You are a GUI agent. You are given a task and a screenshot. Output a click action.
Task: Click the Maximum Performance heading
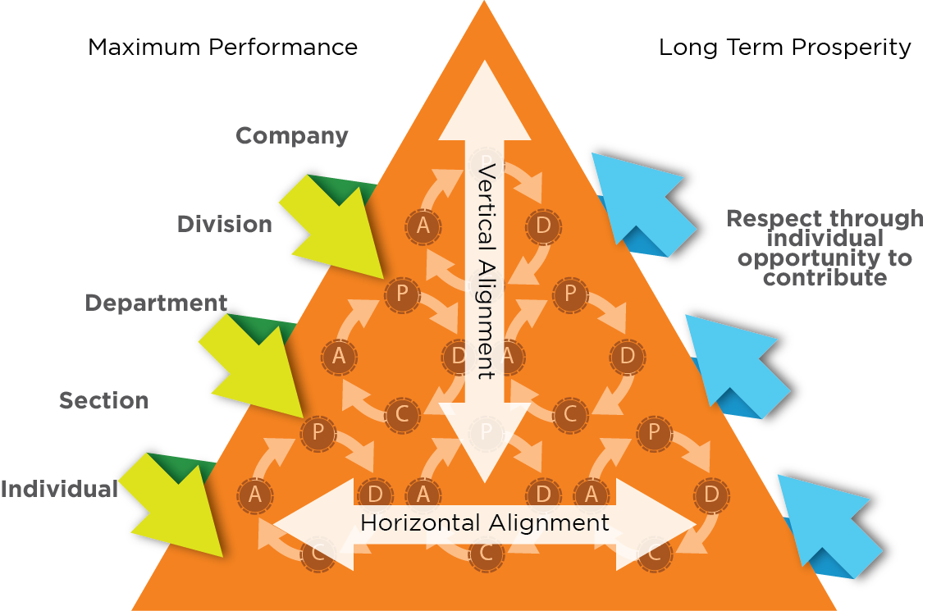[x=222, y=47]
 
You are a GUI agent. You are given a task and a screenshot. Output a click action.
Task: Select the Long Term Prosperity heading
[x=784, y=47]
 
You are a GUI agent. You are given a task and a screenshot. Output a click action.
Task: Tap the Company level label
[x=292, y=135]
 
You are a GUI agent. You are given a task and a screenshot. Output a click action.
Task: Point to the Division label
[x=224, y=224]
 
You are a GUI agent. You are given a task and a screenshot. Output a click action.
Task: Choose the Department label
[x=156, y=303]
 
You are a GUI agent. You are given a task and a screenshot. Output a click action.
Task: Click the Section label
[x=103, y=400]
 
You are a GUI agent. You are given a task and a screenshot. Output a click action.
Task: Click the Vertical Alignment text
[x=485, y=271]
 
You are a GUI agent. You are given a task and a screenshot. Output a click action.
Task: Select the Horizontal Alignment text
[x=485, y=522]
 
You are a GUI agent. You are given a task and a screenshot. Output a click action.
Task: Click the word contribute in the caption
[x=825, y=278]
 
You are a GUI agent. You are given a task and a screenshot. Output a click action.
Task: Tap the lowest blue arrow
[x=829, y=525]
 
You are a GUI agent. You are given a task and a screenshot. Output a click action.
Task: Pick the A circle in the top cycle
[x=423, y=226]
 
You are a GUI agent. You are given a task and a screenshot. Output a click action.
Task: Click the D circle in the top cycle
[x=542, y=226]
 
